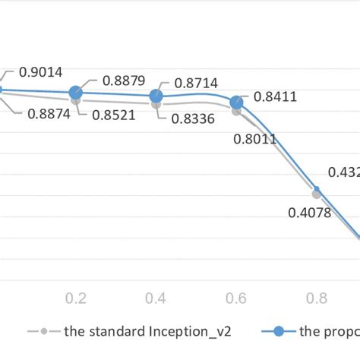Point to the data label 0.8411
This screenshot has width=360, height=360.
pyautogui.click(x=276, y=96)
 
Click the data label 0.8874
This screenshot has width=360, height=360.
pyautogui.click(x=52, y=115)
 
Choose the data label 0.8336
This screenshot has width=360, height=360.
pyautogui.click(x=193, y=118)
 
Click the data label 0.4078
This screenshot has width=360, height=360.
pyautogui.click(x=309, y=213)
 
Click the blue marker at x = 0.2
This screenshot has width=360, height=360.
pyautogui.click(x=75, y=93)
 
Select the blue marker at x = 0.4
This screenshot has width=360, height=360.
pyautogui.click(x=156, y=96)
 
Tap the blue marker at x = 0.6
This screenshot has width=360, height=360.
pyautogui.click(x=236, y=101)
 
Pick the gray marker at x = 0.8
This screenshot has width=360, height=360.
pyautogui.click(x=316, y=194)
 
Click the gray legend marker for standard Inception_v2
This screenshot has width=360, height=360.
pyautogui.click(x=44, y=331)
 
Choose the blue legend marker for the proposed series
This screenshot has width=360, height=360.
pyautogui.click(x=279, y=331)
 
